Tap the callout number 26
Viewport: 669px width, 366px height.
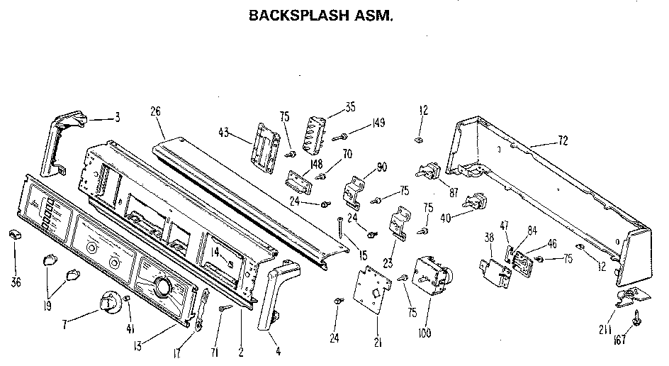click(157, 111)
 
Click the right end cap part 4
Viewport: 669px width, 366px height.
click(277, 294)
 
